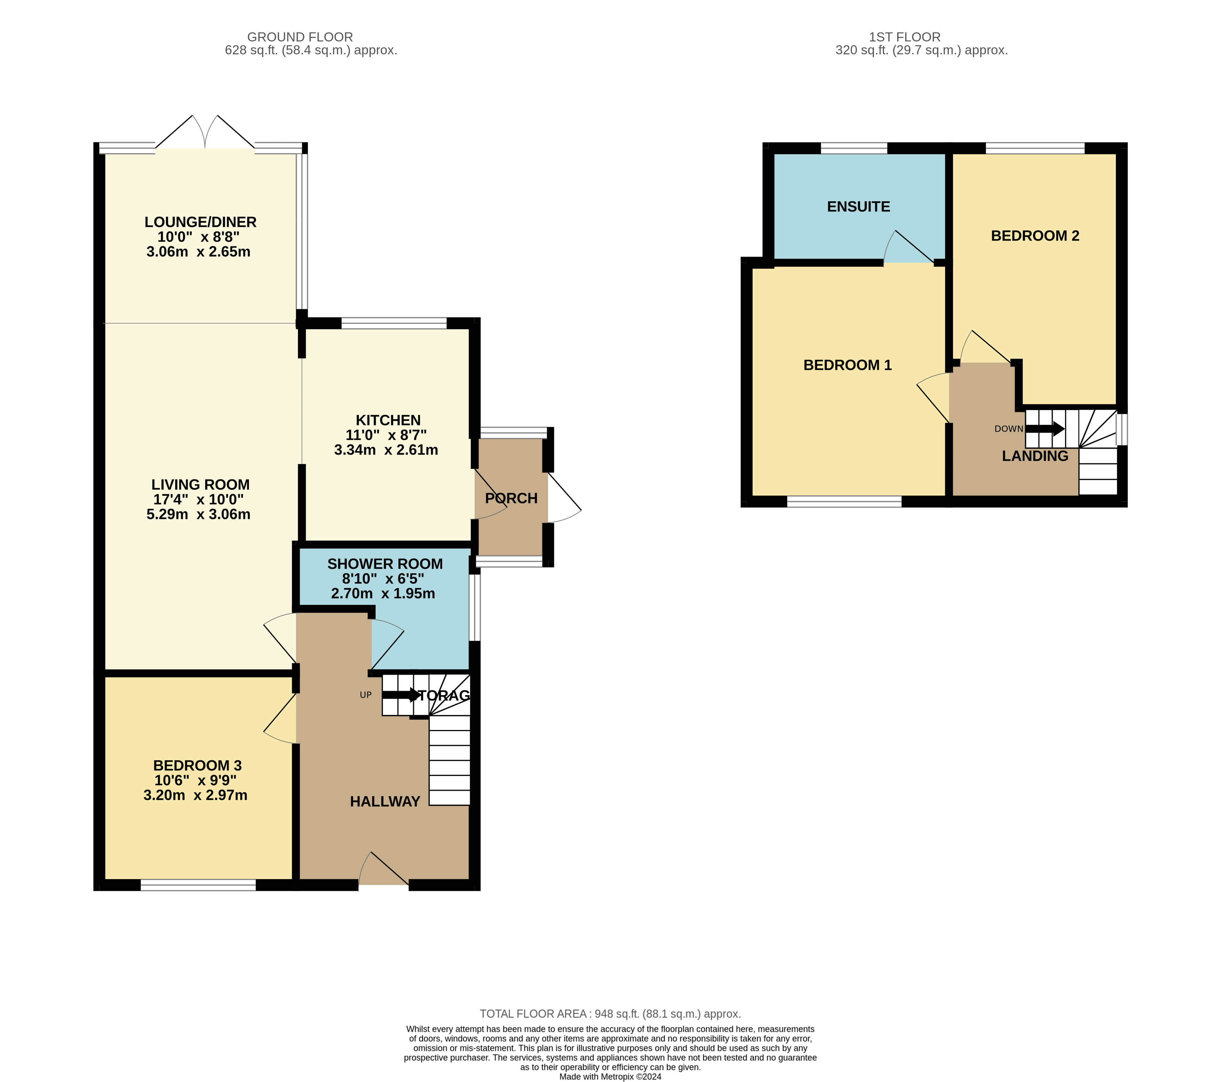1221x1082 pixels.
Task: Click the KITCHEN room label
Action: (x=388, y=420)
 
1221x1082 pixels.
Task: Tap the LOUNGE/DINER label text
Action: (x=200, y=222)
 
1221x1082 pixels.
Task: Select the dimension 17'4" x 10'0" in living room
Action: (x=198, y=500)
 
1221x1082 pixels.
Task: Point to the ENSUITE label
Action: (x=859, y=207)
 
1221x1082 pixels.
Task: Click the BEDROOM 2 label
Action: (x=1035, y=236)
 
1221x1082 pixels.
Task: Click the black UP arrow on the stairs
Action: (x=401, y=695)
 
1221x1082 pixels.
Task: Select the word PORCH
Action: (x=511, y=498)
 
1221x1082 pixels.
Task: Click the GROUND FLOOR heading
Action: (x=300, y=37)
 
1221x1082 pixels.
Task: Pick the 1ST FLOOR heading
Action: (x=905, y=37)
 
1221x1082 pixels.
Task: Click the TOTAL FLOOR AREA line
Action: (x=610, y=1014)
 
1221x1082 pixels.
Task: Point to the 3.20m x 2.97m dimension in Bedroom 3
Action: (x=195, y=795)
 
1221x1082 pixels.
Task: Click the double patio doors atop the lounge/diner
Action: (x=205, y=134)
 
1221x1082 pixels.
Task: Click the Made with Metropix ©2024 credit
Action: (x=610, y=1077)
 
